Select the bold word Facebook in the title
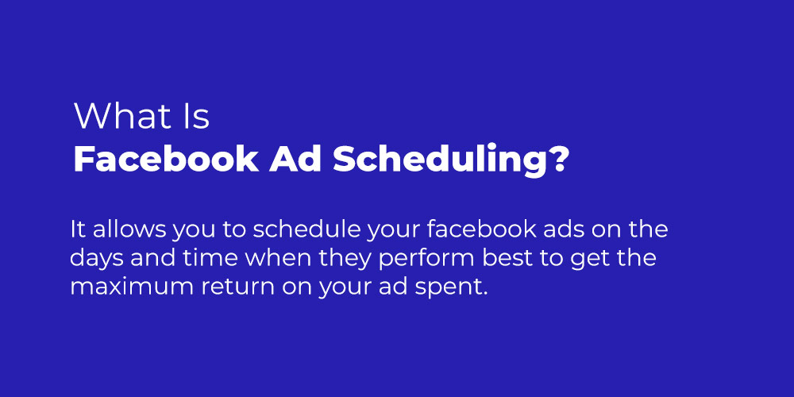click(x=166, y=160)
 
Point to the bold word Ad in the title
click(x=295, y=160)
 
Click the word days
click(x=96, y=259)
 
